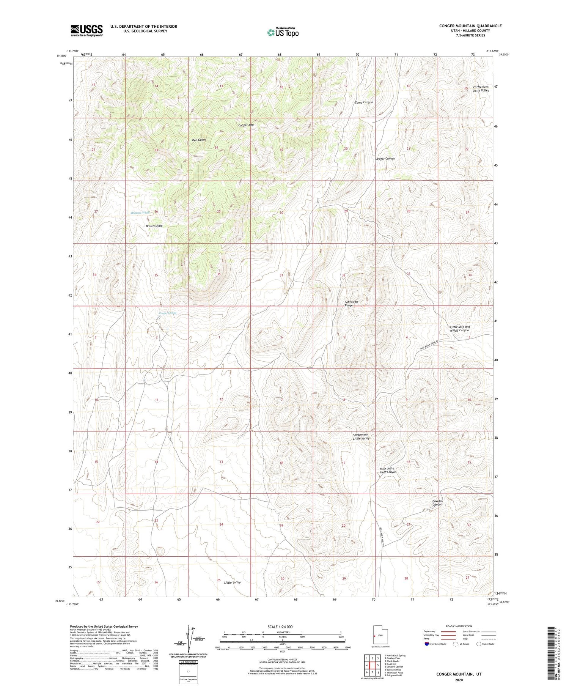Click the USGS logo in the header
tap(86, 30)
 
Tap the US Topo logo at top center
tap(283, 32)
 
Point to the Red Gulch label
tap(199, 140)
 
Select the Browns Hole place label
tap(154, 226)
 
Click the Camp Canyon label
tap(364, 102)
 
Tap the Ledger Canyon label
tap(385, 159)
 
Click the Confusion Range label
tap(351, 303)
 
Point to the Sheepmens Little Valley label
tap(361, 436)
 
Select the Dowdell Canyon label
tap(437, 503)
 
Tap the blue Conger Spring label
tap(167, 313)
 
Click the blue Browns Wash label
tap(140, 213)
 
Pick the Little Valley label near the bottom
tap(232, 582)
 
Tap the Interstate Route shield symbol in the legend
tap(427, 644)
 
